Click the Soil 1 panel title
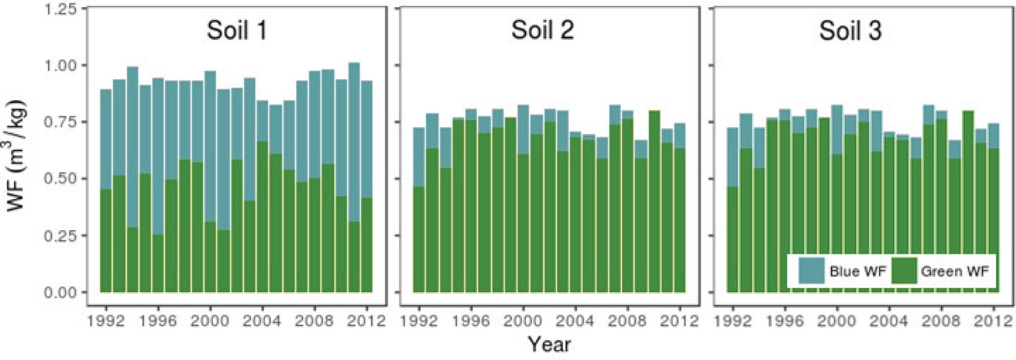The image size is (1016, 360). tap(236, 30)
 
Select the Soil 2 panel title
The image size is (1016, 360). tap(542, 30)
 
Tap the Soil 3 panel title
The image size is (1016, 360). tap(850, 31)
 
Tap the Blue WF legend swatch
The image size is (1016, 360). tap(811, 271)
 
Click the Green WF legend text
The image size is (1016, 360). tap(954, 271)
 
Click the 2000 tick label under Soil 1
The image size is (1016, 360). tap(210, 321)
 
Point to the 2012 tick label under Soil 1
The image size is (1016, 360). tap(367, 321)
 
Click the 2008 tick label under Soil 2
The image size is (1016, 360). tap(628, 321)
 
